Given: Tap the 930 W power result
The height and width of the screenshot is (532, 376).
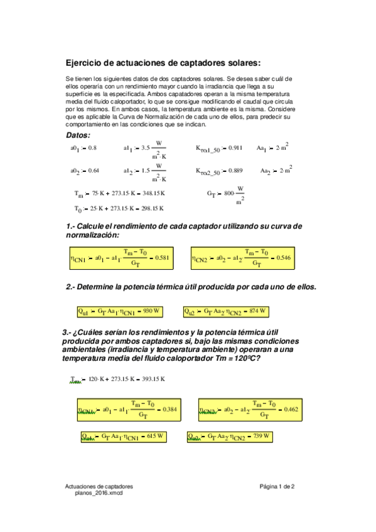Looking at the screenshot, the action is (152, 311).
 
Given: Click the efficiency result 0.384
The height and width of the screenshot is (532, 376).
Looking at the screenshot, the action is (169, 409).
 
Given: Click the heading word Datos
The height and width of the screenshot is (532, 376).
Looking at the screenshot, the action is (78, 135).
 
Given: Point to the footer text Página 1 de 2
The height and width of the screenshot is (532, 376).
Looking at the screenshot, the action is (277, 487).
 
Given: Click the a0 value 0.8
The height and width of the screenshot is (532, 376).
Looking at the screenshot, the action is (92, 148).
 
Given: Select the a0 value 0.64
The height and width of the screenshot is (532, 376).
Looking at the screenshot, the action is (94, 171).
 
